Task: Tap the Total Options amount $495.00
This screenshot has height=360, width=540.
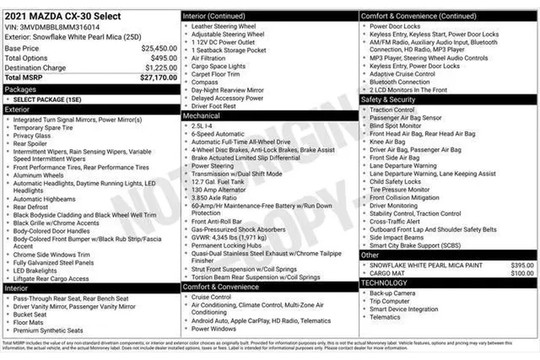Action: (163, 58)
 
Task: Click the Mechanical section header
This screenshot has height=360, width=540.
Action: (202, 116)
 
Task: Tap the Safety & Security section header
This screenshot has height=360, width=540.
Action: (388, 99)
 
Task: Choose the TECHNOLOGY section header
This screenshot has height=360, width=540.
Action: (384, 283)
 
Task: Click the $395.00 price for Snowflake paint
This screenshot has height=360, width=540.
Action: (522, 265)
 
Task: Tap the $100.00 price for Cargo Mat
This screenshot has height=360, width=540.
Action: (522, 273)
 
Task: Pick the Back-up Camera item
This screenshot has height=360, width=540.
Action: (392, 292)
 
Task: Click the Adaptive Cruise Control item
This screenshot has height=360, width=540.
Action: (403, 74)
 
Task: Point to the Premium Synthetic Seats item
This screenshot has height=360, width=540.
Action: (48, 330)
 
